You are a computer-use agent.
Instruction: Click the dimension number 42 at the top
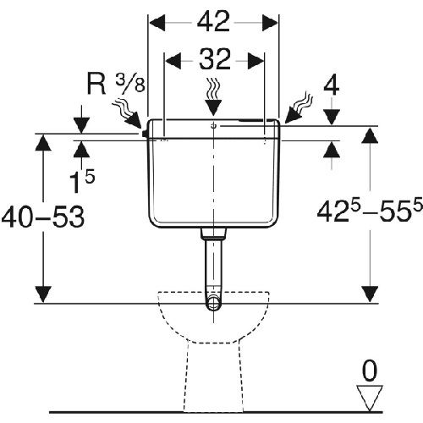213,22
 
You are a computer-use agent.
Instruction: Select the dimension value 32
215,59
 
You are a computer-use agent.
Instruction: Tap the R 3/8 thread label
116,84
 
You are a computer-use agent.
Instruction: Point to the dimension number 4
332,86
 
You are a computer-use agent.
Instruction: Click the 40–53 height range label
43,217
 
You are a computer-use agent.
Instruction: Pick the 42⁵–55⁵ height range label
370,211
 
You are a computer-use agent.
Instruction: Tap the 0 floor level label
370,371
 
